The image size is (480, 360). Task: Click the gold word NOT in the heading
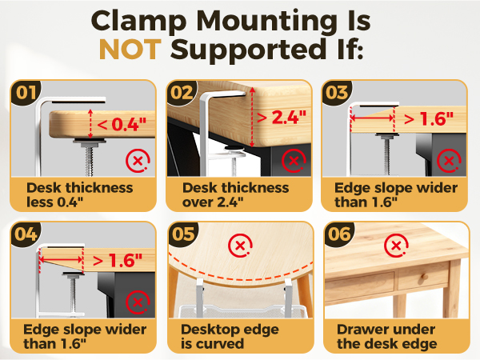tap(130, 50)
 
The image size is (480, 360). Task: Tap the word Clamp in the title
tap(138, 22)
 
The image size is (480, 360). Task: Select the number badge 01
tap(26, 93)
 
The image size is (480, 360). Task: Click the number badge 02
tap(182, 93)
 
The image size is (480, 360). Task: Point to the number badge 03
tap(337, 93)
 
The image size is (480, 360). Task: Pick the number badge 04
tap(26, 234)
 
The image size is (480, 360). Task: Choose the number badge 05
tap(183, 234)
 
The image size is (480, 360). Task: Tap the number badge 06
tap(339, 234)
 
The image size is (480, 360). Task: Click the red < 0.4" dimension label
tap(122, 124)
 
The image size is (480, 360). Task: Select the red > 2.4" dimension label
tap(282, 118)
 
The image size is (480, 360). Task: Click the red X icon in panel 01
tap(138, 161)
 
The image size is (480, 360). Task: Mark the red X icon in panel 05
tap(240, 246)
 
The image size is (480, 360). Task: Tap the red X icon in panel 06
tap(396, 246)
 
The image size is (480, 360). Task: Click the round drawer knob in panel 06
tap(424, 278)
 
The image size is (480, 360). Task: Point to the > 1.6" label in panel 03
tap(429, 118)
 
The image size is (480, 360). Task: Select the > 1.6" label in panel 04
tap(118, 261)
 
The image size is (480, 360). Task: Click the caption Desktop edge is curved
tap(230, 337)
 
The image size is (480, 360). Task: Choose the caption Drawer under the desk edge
tap(387, 337)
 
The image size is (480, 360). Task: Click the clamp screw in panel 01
tap(89, 157)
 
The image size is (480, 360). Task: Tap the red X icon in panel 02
tap(294, 161)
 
